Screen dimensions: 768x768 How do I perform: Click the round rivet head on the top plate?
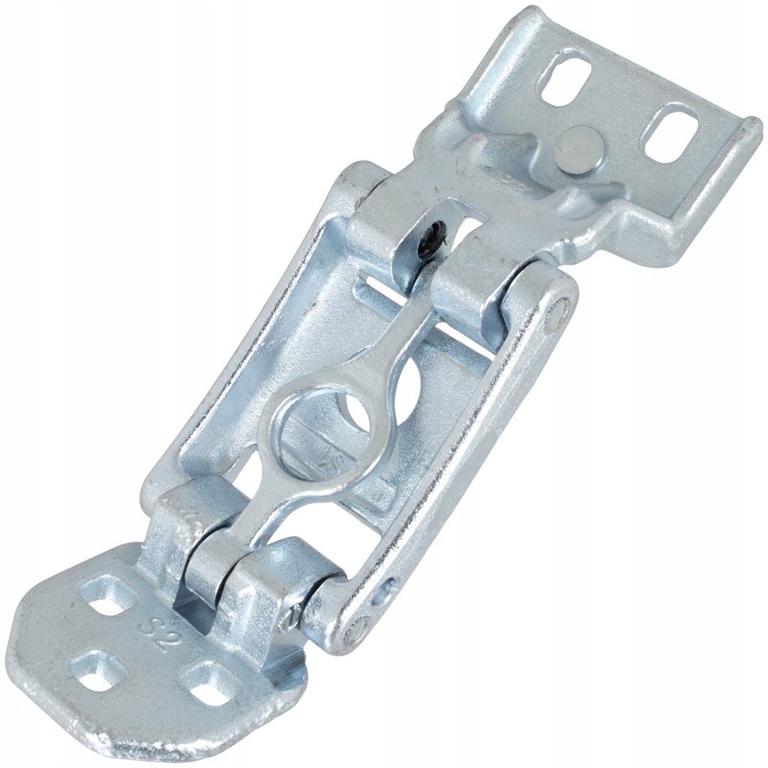581,145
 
